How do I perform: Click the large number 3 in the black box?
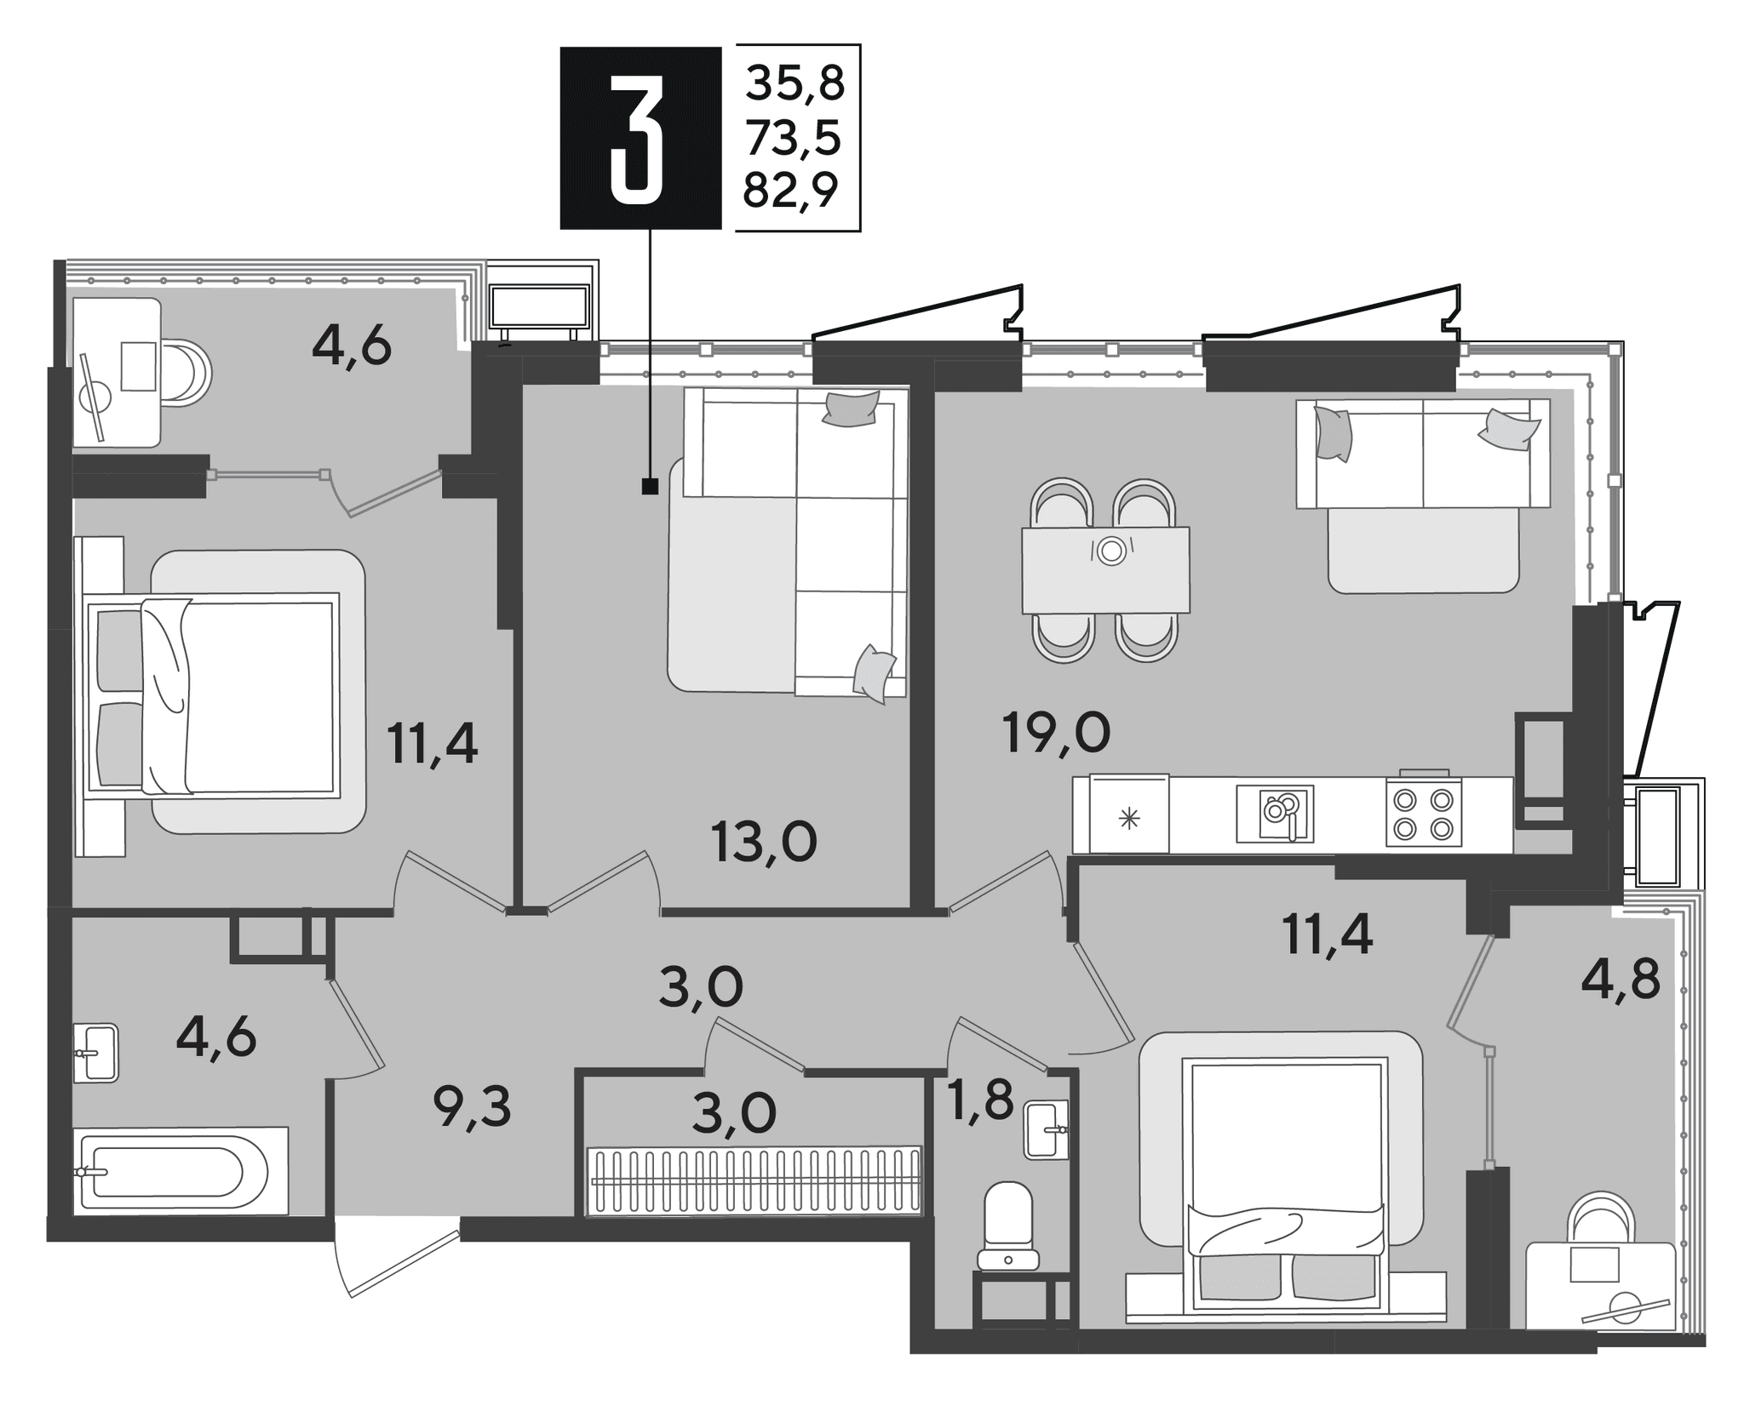pos(636,139)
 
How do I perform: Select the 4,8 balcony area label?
pos(1621,981)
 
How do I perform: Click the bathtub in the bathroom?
pos(181,1171)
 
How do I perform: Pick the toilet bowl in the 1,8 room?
pos(1008,1224)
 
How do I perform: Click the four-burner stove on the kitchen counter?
pos(1423,808)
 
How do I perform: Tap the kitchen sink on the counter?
pos(1275,814)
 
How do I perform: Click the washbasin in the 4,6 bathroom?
pos(95,1053)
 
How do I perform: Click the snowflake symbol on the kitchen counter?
pos(1128,820)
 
